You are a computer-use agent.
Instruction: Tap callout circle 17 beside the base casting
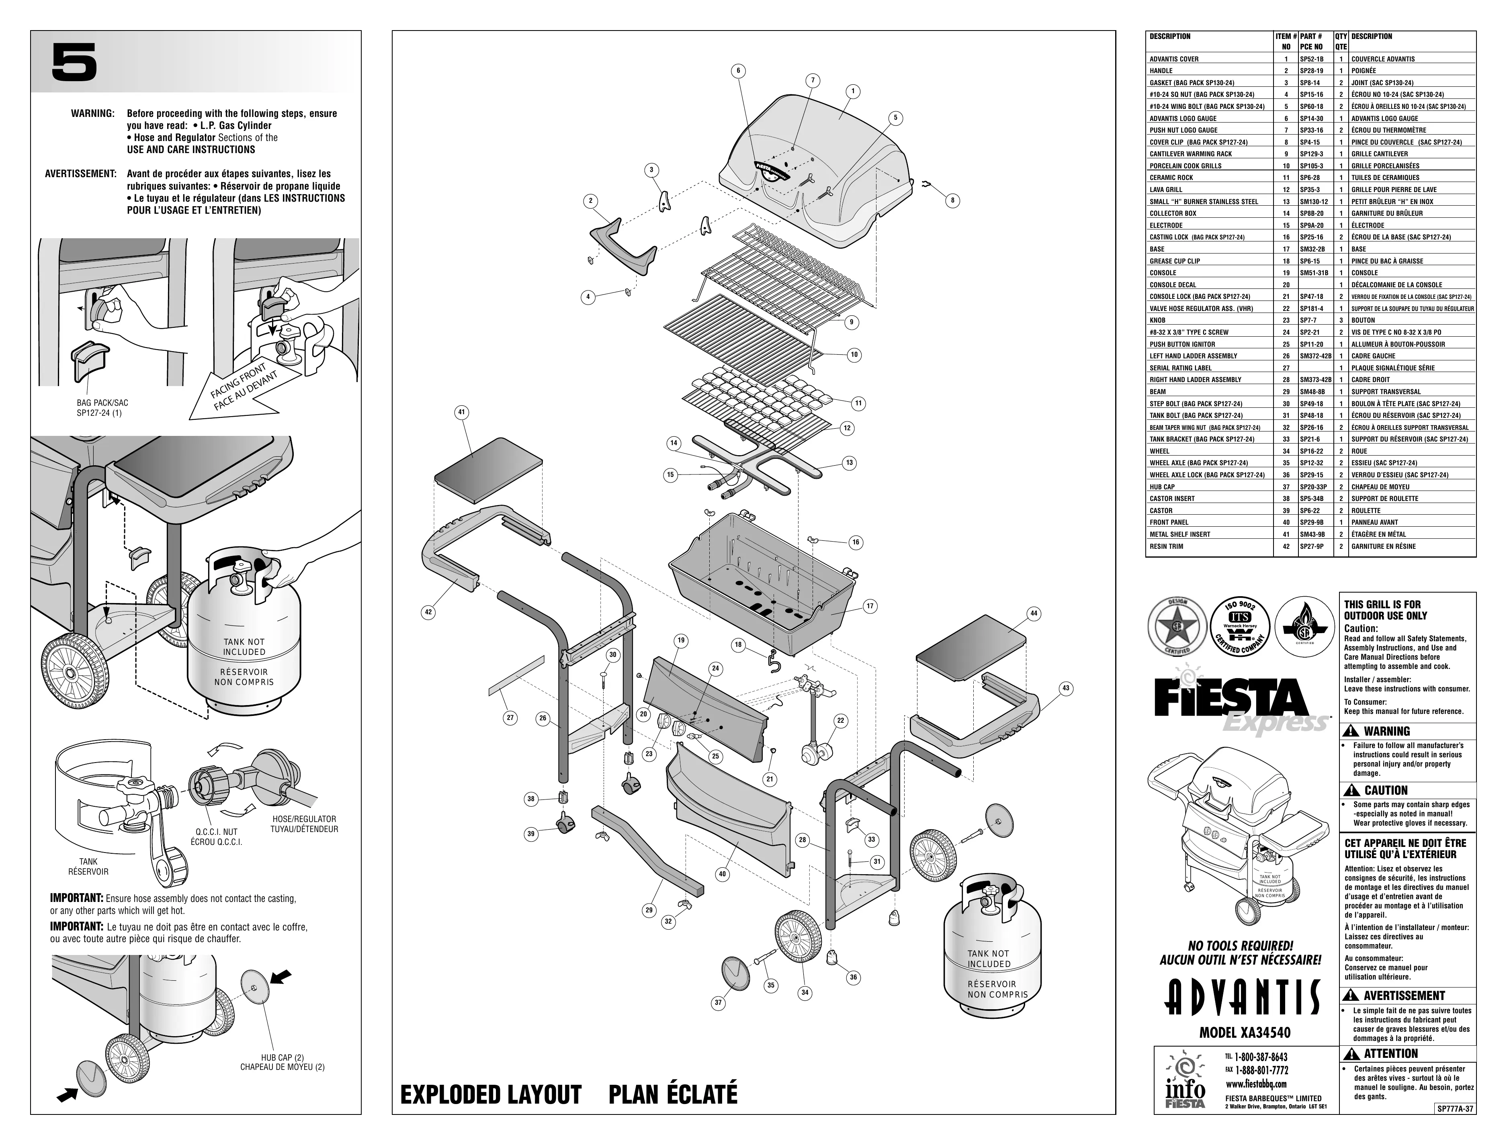point(870,606)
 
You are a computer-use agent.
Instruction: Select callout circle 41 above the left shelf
point(461,412)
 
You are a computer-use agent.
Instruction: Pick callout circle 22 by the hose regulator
point(840,720)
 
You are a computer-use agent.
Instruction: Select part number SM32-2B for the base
point(1312,249)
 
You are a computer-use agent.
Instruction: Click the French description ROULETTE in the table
point(1366,511)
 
